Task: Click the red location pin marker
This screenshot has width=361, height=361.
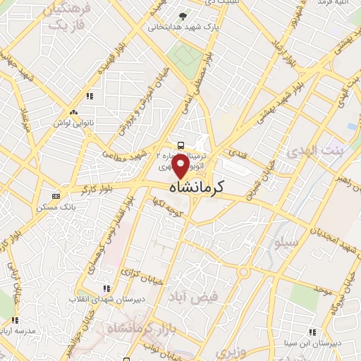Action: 180,166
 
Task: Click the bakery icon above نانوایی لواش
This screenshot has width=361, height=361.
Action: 73,112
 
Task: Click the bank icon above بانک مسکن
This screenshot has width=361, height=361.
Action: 56,196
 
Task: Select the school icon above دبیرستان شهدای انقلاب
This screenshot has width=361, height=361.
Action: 106,288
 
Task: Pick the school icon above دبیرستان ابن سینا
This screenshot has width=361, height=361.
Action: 312,332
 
